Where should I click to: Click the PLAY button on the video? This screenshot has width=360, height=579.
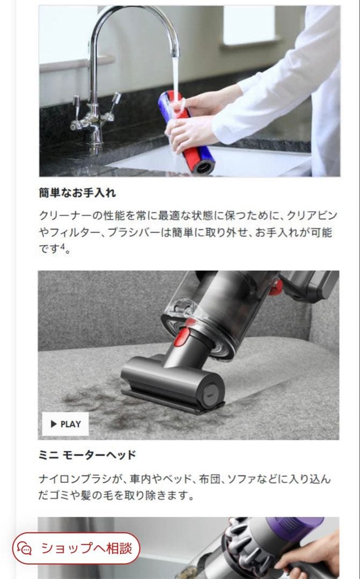click(x=65, y=424)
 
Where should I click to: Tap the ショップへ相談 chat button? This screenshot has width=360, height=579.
click(x=76, y=548)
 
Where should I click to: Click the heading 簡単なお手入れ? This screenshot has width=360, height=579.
click(x=77, y=192)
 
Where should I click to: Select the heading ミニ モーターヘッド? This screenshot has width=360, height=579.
click(x=87, y=455)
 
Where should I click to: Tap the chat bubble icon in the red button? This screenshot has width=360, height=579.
click(x=25, y=548)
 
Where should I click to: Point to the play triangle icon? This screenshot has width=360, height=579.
click(x=54, y=424)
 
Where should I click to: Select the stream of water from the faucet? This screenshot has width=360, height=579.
click(x=175, y=70)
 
